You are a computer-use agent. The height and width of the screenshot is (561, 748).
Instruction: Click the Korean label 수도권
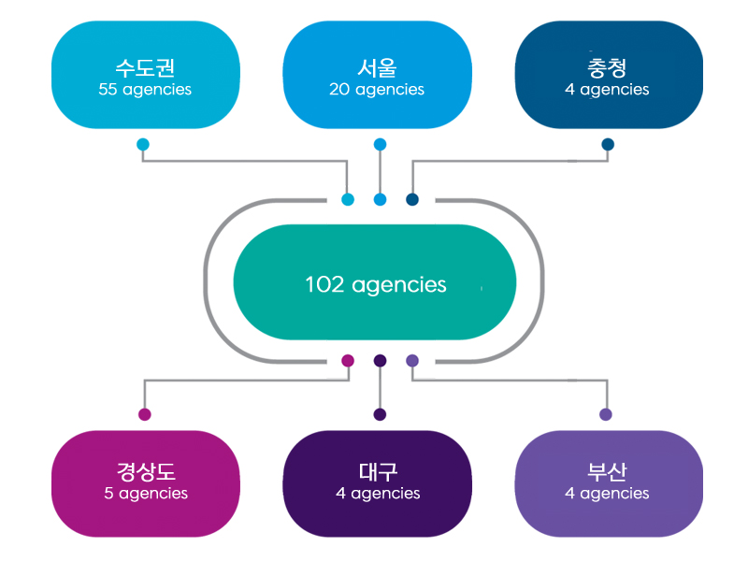pos(145,68)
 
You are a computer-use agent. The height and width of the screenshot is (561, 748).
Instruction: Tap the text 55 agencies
pos(145,91)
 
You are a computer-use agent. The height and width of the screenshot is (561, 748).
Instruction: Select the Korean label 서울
pos(377,68)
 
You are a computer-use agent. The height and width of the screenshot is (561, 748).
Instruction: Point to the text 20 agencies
pos(377,91)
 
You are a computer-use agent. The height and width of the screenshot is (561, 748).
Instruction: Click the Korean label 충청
pos(607,68)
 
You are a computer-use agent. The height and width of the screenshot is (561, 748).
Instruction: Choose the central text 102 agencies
pos(376,284)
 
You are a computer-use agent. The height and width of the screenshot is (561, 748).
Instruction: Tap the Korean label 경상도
pos(145,471)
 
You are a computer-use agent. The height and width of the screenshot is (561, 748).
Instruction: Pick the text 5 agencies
pos(145,494)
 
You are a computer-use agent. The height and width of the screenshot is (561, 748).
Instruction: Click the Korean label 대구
pos(377,471)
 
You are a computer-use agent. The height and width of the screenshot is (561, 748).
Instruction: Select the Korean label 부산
pos(607,471)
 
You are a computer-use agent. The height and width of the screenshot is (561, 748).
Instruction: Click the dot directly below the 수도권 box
pos(143,145)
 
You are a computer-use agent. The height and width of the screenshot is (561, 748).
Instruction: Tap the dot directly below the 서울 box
pos(380,145)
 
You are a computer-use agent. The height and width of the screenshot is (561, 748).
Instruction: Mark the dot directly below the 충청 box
pos(608,145)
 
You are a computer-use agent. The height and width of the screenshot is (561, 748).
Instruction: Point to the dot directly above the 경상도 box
pos(144,414)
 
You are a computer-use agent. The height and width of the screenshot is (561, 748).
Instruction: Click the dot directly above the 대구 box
pos(380,414)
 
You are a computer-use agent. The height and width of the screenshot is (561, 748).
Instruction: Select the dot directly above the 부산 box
pos(606,414)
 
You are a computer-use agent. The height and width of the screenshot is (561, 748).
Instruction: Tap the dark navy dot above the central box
pos(412,200)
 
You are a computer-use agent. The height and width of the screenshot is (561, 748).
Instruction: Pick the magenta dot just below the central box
pos(348,361)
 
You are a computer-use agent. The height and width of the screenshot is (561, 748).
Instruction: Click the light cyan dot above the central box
pos(348,200)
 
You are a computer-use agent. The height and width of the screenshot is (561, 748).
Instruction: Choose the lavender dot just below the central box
pos(412,361)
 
